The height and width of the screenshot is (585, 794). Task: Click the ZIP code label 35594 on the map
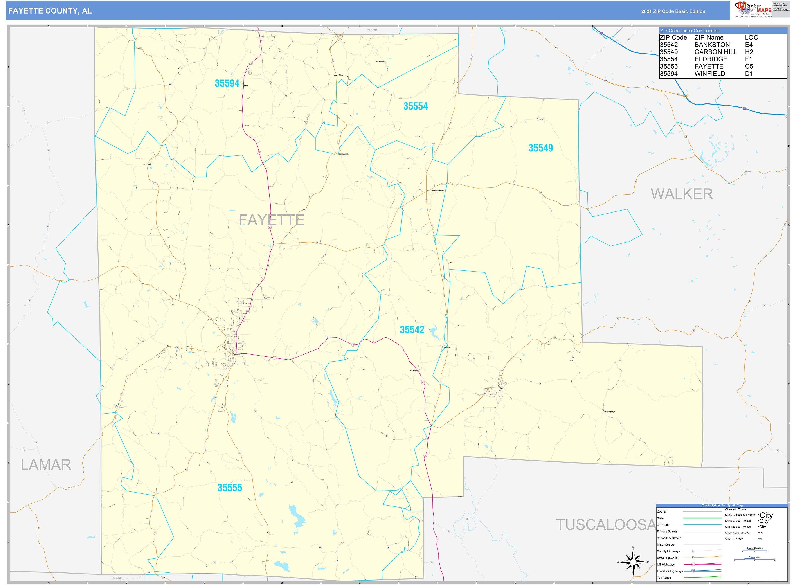tap(227, 83)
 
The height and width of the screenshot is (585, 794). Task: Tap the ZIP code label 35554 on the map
tap(415, 106)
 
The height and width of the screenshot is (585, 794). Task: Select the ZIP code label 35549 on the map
tap(540, 148)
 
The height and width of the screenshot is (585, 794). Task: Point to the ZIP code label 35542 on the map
tap(412, 330)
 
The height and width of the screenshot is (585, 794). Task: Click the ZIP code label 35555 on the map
tap(229, 488)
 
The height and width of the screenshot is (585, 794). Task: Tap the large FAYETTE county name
tap(271, 220)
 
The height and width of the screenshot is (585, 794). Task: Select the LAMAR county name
tap(46, 465)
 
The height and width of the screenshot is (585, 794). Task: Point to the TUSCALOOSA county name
tap(606, 525)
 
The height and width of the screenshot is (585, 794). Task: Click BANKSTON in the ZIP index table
tap(712, 45)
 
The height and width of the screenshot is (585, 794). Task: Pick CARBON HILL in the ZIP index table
tap(715, 52)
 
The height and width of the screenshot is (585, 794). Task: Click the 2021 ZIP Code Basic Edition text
tap(673, 11)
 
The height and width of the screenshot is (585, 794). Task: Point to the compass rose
tap(633, 562)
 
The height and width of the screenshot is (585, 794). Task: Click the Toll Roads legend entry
tap(664, 578)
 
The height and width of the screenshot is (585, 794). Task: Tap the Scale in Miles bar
tap(754, 560)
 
